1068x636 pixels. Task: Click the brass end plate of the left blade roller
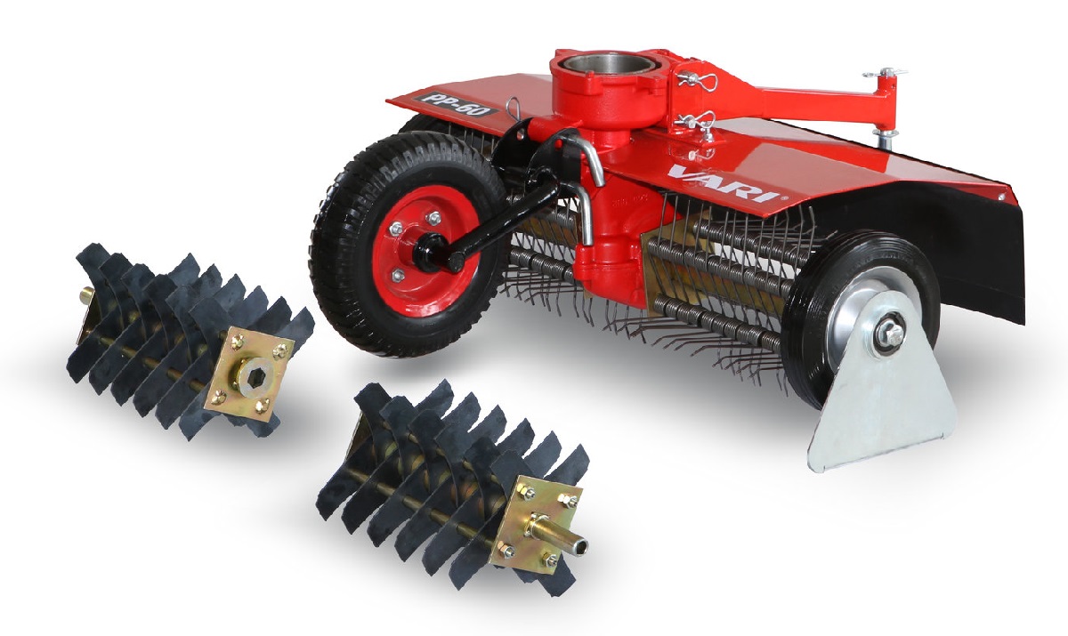click(249, 374)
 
